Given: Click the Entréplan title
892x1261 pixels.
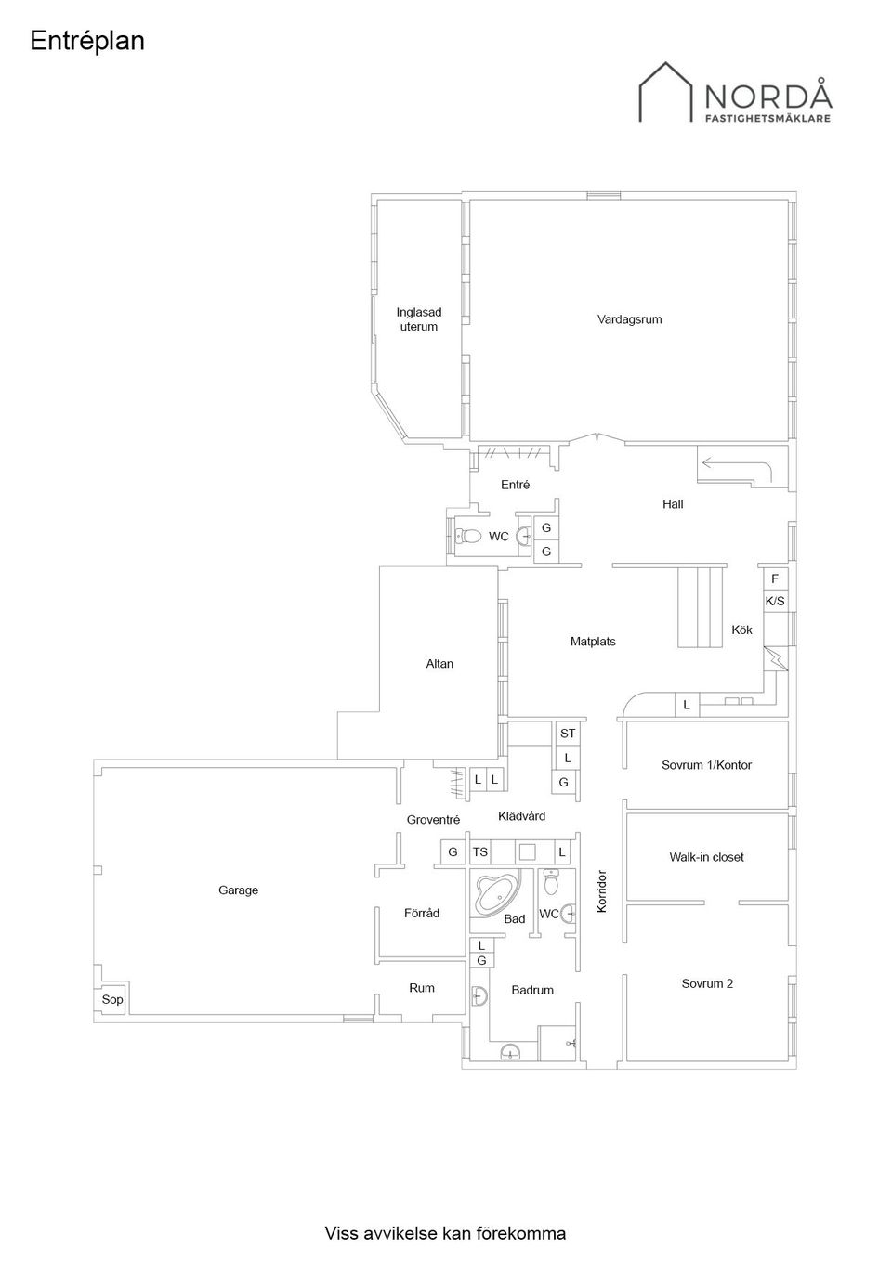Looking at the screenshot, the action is point(87,42).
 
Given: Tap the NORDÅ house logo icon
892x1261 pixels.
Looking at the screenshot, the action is point(665,92).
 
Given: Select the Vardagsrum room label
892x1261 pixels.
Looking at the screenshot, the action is point(630,319).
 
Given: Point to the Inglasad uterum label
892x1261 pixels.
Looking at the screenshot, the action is point(418,319).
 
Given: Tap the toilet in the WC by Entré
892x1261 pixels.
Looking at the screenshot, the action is point(468,536).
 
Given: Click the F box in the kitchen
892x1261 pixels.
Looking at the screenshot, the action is point(775,578).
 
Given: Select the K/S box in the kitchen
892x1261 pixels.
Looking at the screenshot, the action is point(775,601).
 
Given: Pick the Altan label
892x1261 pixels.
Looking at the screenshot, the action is point(439,664).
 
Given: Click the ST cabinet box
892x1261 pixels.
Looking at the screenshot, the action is point(568,734).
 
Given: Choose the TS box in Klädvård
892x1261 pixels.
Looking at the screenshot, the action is point(479,852).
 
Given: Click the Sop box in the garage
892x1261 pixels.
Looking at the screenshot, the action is point(112,999).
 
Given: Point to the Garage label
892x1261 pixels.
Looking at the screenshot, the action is point(238,890).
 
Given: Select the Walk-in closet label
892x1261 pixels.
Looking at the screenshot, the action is point(706,857).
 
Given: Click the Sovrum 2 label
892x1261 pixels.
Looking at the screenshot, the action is point(707,983).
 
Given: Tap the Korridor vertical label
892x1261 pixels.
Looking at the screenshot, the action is point(602,891).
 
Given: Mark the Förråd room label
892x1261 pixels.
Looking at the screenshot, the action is point(422,913).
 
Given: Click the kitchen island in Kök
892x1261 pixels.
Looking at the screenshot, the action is point(700,607).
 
